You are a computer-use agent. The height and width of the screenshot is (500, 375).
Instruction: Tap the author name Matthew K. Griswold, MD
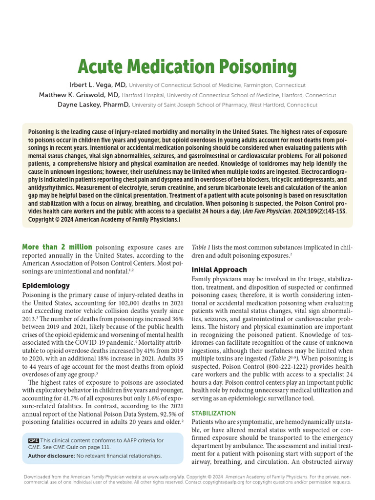[79, 95]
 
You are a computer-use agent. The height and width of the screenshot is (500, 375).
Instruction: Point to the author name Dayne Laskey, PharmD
[93, 104]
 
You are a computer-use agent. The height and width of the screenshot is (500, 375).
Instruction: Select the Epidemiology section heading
[46, 286]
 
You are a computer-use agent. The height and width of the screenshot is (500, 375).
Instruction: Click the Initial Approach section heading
[219, 270]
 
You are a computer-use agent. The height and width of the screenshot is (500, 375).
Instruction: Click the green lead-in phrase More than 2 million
[57, 247]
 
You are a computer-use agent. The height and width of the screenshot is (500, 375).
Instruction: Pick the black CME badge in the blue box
[33, 440]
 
